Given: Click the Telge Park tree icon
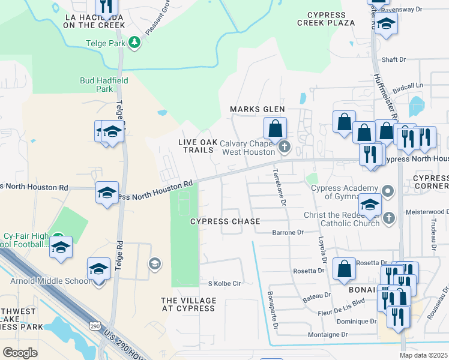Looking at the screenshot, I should pos(136,41).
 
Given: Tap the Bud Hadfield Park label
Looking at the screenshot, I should pos(97,84).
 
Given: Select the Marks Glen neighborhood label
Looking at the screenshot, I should pos(258,109).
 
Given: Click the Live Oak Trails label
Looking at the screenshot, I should pos(196,146).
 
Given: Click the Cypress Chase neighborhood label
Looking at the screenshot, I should pos(225,221).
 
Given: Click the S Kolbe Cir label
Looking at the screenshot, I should pos(224,283).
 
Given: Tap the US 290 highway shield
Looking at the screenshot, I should pos(95,326).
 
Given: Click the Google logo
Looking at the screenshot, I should pos(20,352).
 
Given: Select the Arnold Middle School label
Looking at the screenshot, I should pos(49,281).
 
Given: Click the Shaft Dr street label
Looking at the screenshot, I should pos(394,60).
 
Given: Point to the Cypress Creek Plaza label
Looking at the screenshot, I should pos(326,19).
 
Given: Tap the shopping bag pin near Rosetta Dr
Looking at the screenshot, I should pos(345,270).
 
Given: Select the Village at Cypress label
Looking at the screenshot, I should pos(188,304).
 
